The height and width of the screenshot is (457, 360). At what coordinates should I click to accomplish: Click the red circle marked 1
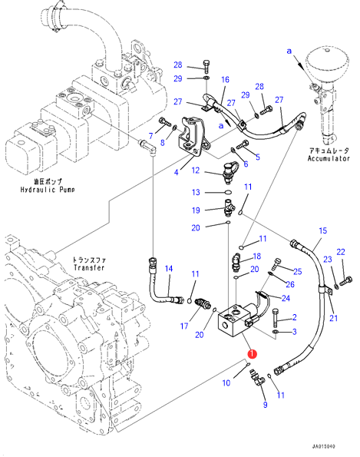pos(252,354)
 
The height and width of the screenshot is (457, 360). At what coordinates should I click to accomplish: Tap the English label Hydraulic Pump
pos(48,190)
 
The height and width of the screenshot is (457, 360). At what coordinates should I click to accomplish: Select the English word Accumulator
pos(329,158)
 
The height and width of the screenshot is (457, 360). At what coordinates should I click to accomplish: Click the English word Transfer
pos(89,267)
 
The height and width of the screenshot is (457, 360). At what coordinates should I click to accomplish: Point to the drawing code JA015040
pos(323,446)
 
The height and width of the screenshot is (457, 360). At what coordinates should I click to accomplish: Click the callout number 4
pos(177,173)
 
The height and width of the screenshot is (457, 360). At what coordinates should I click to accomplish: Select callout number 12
pos(196,171)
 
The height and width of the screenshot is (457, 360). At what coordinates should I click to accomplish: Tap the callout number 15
pos(323,230)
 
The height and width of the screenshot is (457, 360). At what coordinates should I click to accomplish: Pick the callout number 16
pos(225,80)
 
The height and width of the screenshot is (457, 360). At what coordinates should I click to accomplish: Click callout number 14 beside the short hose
pos(169,268)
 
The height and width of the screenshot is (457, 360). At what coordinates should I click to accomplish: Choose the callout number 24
pos(286,298)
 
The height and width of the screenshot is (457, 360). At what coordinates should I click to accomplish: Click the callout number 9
pos(265,405)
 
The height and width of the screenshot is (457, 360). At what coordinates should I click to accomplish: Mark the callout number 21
pos(333,318)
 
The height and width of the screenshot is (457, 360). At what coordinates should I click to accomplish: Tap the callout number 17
pos(184,326)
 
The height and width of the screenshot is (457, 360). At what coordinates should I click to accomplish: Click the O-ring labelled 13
pos(228,192)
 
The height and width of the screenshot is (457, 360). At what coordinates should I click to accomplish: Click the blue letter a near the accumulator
pos(289,51)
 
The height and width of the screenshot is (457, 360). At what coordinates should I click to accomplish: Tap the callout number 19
pos(196,210)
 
